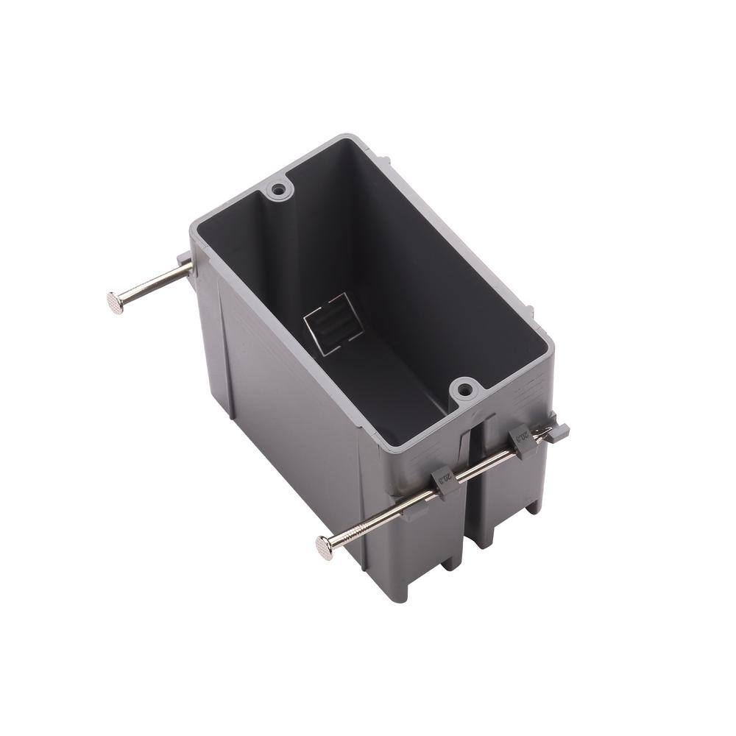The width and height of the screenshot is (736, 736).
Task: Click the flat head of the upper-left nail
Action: pyautogui.click(x=115, y=302)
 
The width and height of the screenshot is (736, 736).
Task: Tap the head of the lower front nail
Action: pyautogui.click(x=323, y=545)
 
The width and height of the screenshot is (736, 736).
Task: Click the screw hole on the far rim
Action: pyautogui.click(x=278, y=191)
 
